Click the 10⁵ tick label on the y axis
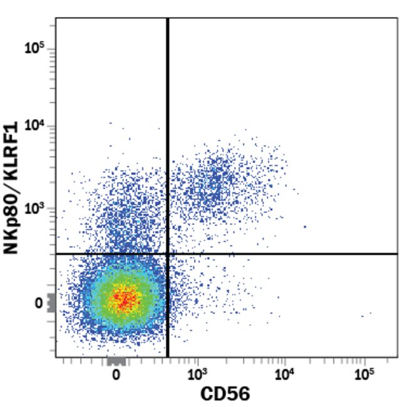tap(33, 48)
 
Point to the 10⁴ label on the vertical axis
tap(33, 126)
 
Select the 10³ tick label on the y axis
tap(33, 209)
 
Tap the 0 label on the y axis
tap(38, 303)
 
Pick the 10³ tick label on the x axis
tap(197, 375)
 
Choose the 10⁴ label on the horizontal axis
tap(284, 375)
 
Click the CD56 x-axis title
tap(225, 394)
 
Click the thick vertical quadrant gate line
tap(168, 125)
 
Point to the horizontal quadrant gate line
tap(282, 254)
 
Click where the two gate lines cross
tap(168, 254)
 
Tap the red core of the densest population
tap(125, 300)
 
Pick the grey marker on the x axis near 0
tap(116, 361)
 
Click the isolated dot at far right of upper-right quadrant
tap(305, 227)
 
